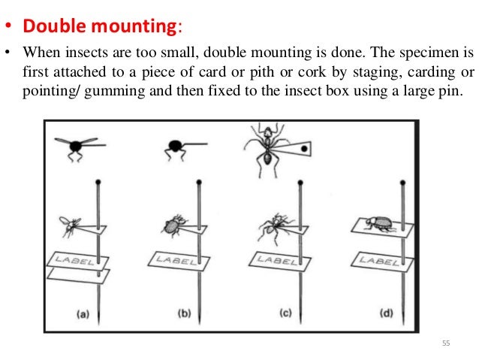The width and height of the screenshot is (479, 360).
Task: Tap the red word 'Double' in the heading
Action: point(53,26)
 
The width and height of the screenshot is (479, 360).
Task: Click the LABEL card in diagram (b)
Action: point(175,259)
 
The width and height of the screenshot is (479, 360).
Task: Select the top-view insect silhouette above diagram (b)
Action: point(179,146)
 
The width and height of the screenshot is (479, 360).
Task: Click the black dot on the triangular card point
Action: point(303,149)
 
